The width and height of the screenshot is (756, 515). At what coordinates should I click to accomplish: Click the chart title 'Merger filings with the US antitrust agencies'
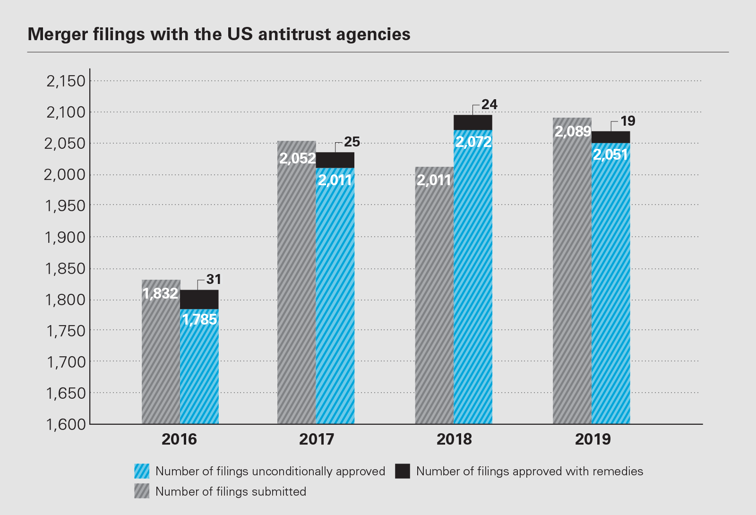click(x=219, y=34)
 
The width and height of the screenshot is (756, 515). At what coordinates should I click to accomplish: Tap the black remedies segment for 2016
click(x=199, y=299)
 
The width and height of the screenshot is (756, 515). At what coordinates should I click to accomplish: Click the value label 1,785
click(x=199, y=320)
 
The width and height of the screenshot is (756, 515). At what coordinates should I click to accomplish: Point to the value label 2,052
click(x=297, y=158)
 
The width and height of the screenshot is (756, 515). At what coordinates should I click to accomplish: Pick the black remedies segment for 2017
click(x=335, y=160)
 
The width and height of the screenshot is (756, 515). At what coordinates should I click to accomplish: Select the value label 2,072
click(x=473, y=142)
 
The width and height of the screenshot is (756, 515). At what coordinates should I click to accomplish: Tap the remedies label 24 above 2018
click(x=490, y=104)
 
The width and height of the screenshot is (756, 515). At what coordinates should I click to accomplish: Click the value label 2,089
click(x=573, y=131)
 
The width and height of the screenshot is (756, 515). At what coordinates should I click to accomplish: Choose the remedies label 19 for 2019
click(x=628, y=121)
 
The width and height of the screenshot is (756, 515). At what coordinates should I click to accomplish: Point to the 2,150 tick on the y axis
click(x=66, y=81)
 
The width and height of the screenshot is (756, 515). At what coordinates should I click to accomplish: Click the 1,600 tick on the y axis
click(x=66, y=424)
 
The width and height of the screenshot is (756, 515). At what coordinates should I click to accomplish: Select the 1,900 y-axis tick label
click(x=66, y=237)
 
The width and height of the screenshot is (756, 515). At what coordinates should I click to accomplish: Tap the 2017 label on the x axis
click(x=317, y=439)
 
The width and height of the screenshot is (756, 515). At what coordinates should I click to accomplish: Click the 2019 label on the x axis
click(x=593, y=439)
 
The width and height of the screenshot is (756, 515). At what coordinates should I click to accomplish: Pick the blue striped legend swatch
click(x=142, y=471)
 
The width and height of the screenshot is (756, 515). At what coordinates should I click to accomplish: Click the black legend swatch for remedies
click(x=403, y=471)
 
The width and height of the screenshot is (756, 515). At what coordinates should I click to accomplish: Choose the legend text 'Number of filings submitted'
click(x=231, y=491)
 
